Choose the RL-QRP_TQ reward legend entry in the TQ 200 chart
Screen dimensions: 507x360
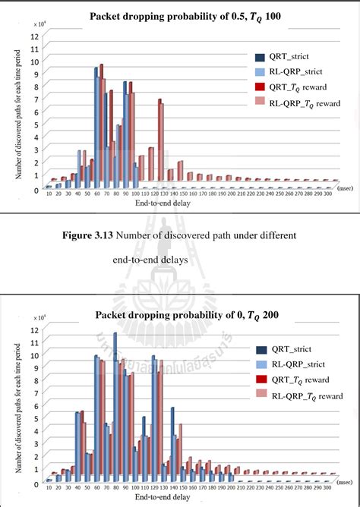[302, 395]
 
